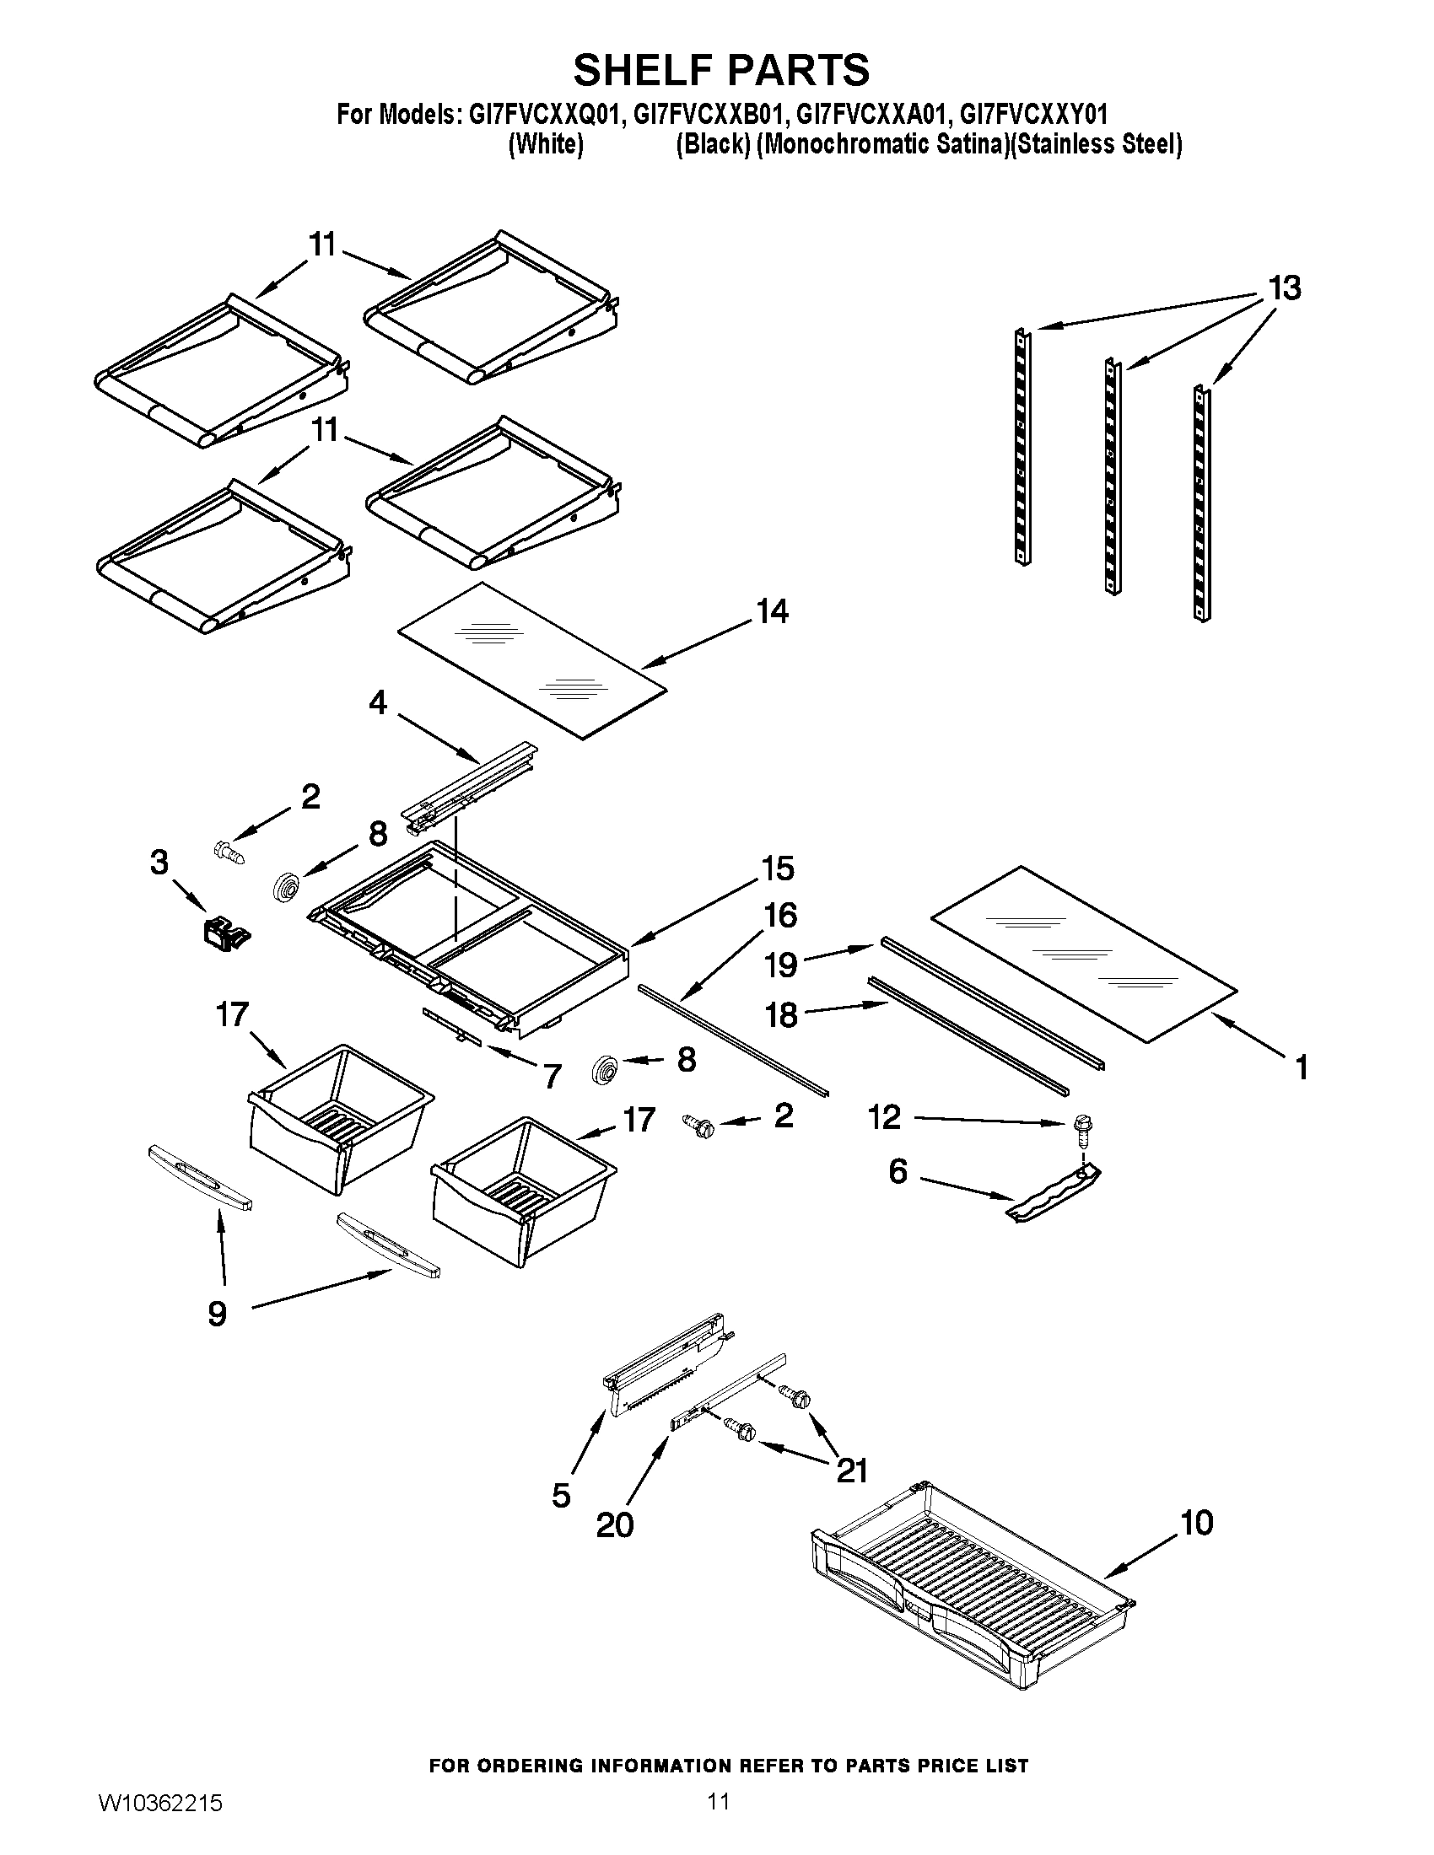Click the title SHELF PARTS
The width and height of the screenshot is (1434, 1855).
click(x=721, y=70)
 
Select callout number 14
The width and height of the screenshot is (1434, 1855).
click(x=772, y=611)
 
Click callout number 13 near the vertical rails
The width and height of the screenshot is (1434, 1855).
click(x=1284, y=288)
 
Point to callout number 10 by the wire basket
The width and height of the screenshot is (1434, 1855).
click(x=1196, y=1523)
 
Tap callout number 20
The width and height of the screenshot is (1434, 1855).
click(x=614, y=1524)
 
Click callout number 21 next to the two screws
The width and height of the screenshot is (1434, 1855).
click(x=851, y=1470)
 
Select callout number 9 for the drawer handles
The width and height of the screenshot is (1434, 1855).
click(x=218, y=1314)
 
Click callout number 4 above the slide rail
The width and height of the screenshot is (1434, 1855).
click(x=377, y=702)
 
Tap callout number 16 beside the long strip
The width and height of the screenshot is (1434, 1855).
click(x=780, y=916)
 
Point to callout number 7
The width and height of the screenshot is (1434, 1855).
click(x=553, y=1076)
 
